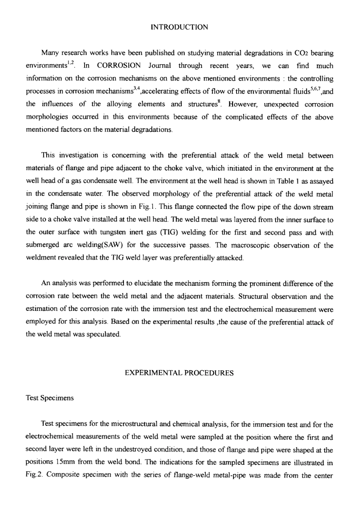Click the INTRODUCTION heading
coord(179,27)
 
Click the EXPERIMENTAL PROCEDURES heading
coord(179,373)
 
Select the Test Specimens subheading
coord(50,398)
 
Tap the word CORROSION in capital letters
coord(119,66)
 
